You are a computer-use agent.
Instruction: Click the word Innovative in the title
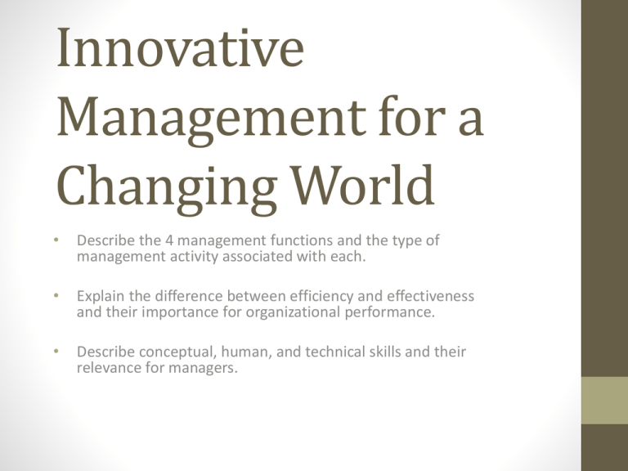pyautogui.click(x=181, y=47)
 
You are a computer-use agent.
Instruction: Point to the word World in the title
pyautogui.click(x=363, y=184)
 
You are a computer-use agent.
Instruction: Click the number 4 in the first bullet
pyautogui.click(x=169, y=240)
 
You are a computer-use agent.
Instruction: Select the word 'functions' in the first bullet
pyautogui.click(x=302, y=240)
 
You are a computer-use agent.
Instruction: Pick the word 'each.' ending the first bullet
pyautogui.click(x=348, y=256)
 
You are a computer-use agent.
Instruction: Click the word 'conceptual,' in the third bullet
pyautogui.click(x=177, y=352)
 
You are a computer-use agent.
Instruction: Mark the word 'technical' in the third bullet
pyautogui.click(x=334, y=352)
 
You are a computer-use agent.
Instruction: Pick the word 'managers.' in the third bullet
pyautogui.click(x=203, y=369)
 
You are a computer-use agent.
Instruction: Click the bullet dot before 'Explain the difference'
pyautogui.click(x=56, y=295)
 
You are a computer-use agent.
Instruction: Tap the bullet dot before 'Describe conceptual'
pyautogui.click(x=56, y=352)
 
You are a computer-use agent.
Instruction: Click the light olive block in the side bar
pyautogui.click(x=605, y=400)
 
